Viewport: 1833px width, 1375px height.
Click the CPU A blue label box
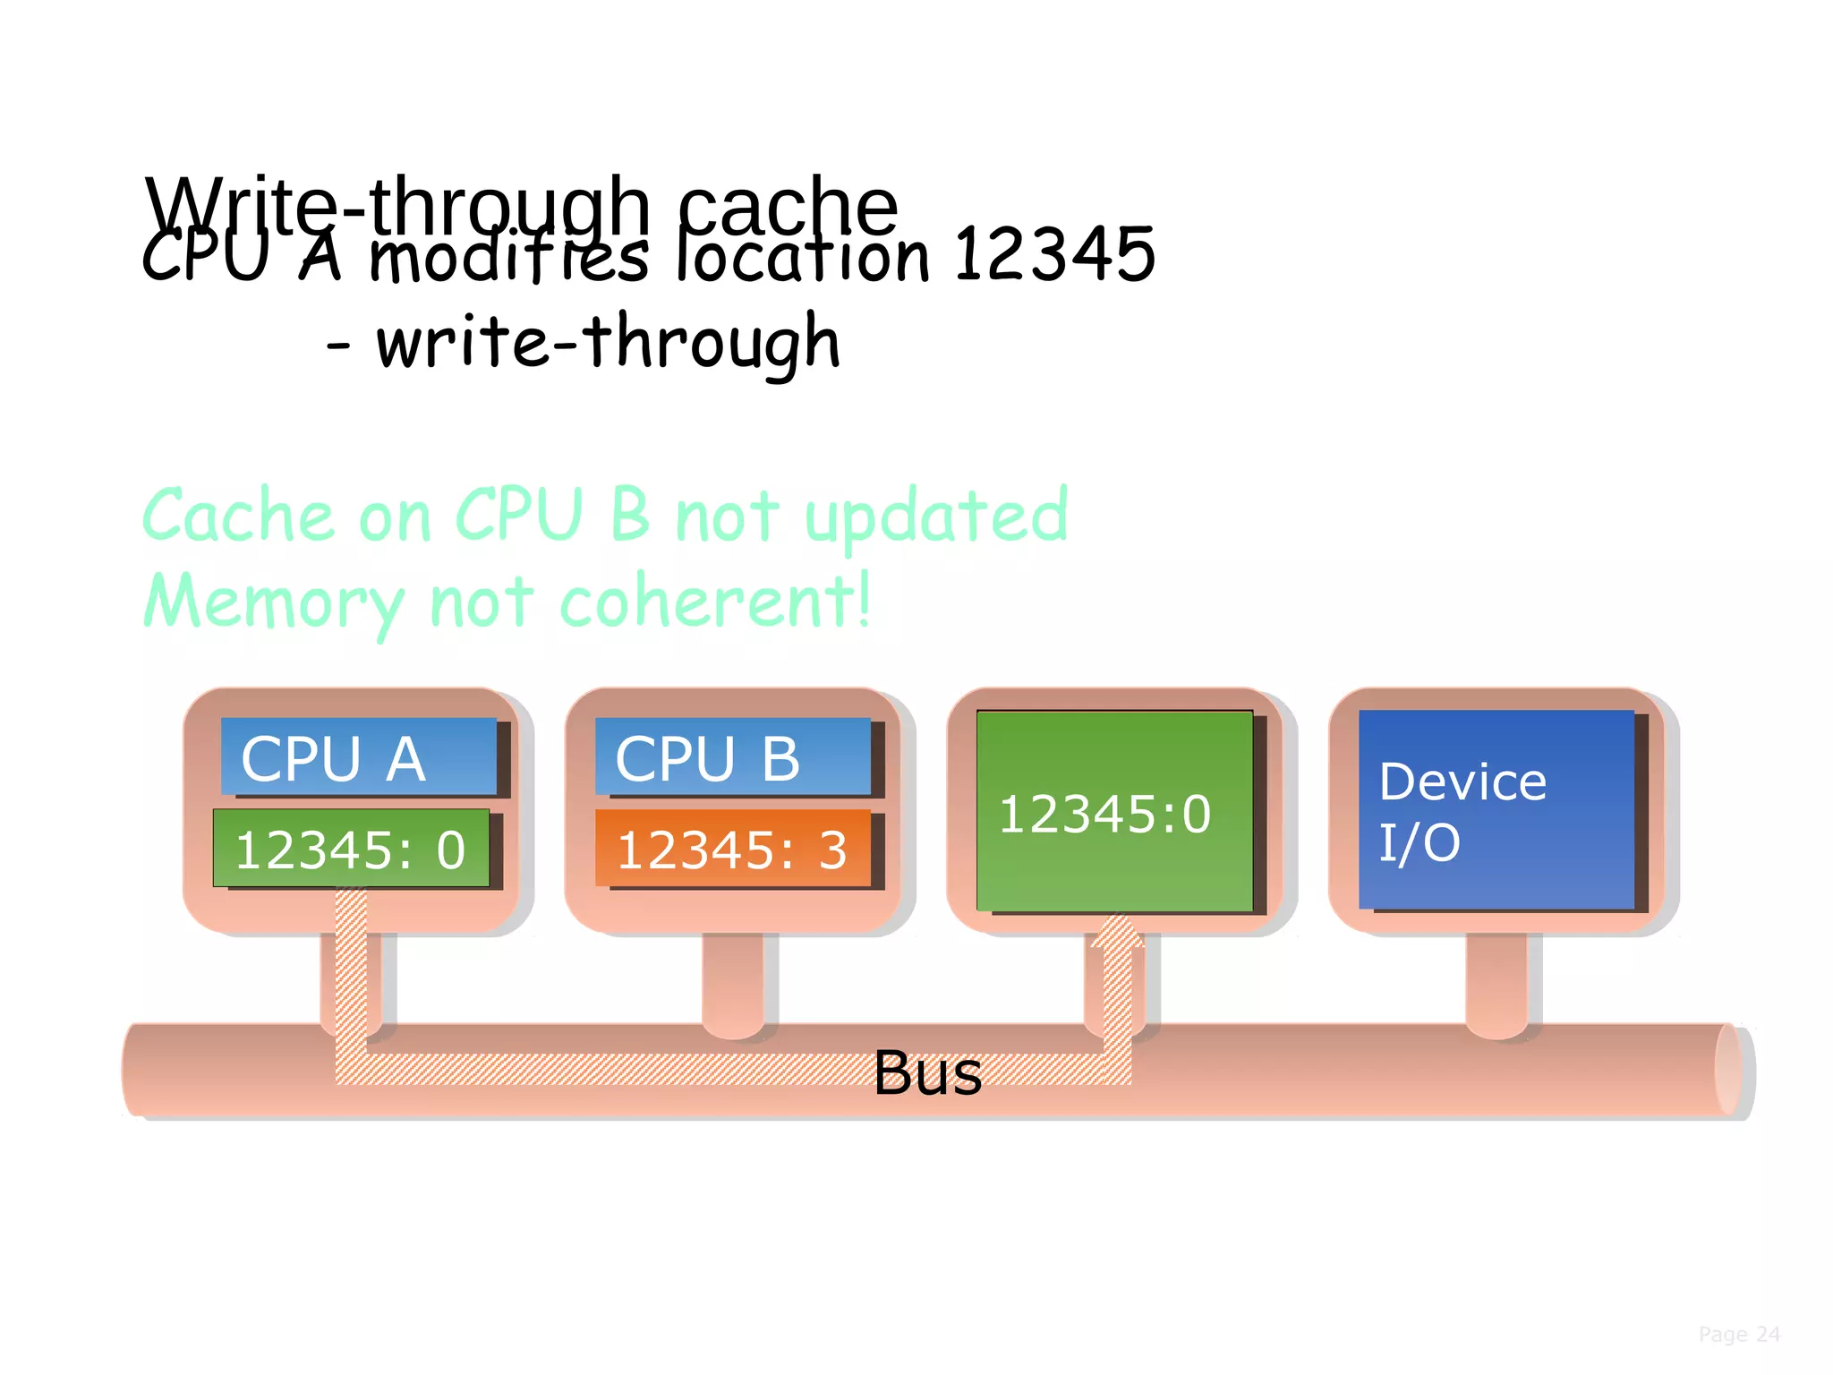pyautogui.click(x=358, y=756)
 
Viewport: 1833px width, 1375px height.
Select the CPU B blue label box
pyautogui.click(x=732, y=756)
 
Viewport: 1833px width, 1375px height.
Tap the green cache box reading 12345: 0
pyautogui.click(x=351, y=849)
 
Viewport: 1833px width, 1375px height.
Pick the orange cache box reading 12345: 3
pyautogui.click(x=732, y=849)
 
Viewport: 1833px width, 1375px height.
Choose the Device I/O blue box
pyautogui.click(x=1496, y=810)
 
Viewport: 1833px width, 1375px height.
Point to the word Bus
pyautogui.click(x=927, y=1072)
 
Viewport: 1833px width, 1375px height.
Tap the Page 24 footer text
pyautogui.click(x=1738, y=1335)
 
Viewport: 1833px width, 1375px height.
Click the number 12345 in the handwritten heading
pyautogui.click(x=1054, y=254)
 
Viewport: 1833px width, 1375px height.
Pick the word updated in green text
pyautogui.click(x=936, y=517)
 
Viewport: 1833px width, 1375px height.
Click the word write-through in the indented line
pyautogui.click(x=609, y=342)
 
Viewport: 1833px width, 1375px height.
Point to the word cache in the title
pyautogui.click(x=788, y=204)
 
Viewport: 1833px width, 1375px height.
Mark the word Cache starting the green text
pyautogui.click(x=238, y=517)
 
